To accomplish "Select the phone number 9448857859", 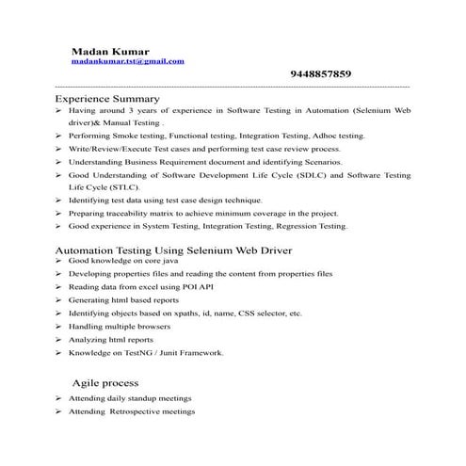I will pos(321,74).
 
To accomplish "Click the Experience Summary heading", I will pos(107,98).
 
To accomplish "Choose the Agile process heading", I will pos(105,383).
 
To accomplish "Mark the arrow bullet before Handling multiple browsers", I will pos(58,326).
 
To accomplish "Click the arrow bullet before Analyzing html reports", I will pos(58,339).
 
